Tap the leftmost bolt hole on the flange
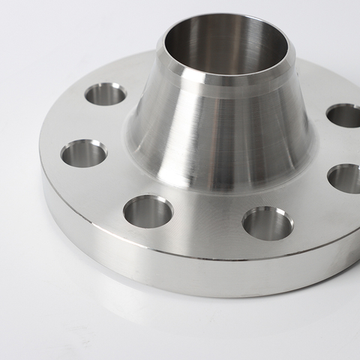click(83, 154)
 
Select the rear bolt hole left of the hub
click(105, 94)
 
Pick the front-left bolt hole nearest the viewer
click(148, 211)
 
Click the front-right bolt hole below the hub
click(267, 223)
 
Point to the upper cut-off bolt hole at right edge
click(346, 115)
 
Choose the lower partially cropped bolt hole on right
click(346, 178)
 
